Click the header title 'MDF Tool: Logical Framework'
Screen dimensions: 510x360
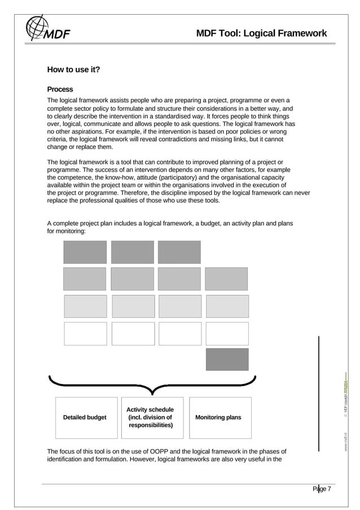261,33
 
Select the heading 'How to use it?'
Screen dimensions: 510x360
73,70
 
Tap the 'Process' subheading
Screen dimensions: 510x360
60,89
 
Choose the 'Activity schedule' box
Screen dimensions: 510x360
150,417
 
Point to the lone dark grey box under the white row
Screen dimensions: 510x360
227,359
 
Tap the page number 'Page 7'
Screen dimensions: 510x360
322,489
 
